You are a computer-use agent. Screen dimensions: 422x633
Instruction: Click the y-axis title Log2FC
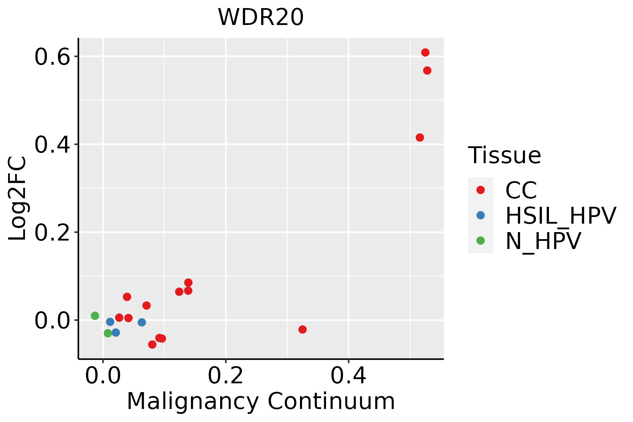click(x=18, y=199)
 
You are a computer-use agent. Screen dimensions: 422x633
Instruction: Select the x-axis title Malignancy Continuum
click(x=261, y=402)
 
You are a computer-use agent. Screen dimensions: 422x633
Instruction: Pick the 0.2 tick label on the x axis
click(x=225, y=376)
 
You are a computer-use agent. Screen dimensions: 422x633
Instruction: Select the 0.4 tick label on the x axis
click(x=348, y=376)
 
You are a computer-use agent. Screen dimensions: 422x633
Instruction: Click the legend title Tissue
click(x=504, y=155)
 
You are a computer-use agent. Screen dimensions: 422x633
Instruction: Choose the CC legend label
click(x=521, y=190)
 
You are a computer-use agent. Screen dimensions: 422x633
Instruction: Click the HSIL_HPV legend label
click(x=561, y=216)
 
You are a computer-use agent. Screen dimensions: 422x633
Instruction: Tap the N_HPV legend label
click(x=543, y=241)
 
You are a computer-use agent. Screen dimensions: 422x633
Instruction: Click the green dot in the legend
click(x=480, y=241)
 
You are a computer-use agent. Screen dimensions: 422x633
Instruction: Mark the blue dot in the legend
click(x=480, y=215)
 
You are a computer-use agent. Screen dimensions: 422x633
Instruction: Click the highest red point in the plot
click(x=425, y=52)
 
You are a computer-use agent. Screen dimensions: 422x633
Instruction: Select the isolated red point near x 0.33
click(x=302, y=330)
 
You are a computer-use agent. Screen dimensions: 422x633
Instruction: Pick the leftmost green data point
click(x=95, y=316)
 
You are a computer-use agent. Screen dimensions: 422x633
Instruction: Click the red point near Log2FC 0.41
click(x=420, y=138)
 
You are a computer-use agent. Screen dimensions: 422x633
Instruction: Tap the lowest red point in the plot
click(x=152, y=344)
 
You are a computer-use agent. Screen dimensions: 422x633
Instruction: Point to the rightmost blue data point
click(x=142, y=322)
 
